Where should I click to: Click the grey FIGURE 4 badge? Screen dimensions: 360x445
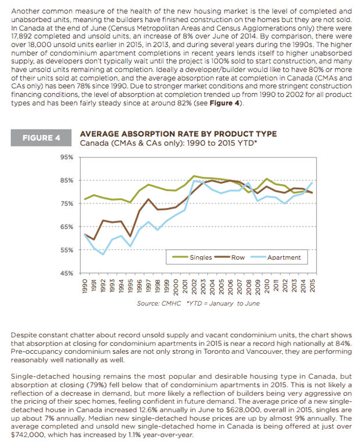tap(41, 138)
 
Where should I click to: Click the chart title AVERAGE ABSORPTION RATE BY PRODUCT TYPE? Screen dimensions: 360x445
tap(178, 134)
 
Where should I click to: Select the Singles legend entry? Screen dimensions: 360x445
tap(192, 257)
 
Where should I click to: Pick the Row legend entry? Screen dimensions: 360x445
tap(230, 257)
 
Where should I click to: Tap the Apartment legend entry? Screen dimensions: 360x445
tap(275, 257)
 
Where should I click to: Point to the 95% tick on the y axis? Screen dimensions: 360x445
tap(66, 157)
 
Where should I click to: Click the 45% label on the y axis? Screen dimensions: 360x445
tap(66, 273)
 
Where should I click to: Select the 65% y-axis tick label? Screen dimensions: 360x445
tap(66, 227)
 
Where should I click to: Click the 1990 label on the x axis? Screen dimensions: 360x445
tap(85, 286)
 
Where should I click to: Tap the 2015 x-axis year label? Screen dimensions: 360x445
tap(312, 286)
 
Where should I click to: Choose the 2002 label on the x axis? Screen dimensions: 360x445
tap(194, 286)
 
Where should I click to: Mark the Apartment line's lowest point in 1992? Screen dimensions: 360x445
tap(103, 254)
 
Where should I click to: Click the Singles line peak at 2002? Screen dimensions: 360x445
tap(194, 176)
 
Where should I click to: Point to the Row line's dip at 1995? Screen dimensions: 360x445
tap(130, 236)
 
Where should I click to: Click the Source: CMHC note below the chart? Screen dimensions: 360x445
tap(159, 303)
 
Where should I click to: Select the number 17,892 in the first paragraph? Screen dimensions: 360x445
tap(22, 37)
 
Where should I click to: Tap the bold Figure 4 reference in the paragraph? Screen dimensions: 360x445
tap(224, 103)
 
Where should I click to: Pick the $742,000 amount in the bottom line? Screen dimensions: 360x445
tap(25, 435)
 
